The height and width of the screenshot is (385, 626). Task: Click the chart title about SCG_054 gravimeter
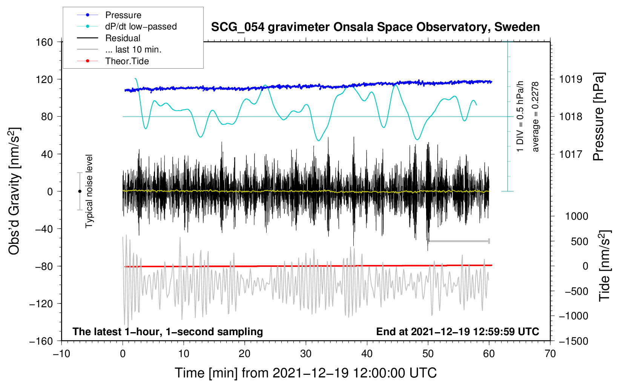tap(375, 27)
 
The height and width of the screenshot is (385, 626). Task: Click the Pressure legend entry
tap(123, 15)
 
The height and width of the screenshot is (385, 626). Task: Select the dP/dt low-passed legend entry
tap(141, 26)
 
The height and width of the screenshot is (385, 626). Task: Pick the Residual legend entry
tap(123, 38)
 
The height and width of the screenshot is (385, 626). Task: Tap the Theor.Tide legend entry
tap(127, 61)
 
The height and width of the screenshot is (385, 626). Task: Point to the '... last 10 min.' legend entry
tap(133, 49)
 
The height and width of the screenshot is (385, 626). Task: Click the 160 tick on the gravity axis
tap(44, 42)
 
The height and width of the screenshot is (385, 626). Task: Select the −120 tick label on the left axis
tap(41, 303)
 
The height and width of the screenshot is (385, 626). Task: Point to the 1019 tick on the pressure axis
tap(571, 79)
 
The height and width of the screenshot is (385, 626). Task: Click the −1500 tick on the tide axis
tap(573, 341)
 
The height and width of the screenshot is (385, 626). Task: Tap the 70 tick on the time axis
tap(550, 354)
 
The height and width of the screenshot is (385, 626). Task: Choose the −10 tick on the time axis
tap(61, 354)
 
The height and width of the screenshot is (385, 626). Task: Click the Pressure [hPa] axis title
tap(598, 117)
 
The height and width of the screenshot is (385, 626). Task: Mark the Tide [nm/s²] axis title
tap(605, 266)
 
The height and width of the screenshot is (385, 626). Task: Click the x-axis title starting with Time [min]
tap(305, 373)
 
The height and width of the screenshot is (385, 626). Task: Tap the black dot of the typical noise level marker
tap(80, 191)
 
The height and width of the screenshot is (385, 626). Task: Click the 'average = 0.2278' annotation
tap(535, 117)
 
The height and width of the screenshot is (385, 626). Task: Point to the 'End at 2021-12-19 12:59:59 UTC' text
tap(457, 331)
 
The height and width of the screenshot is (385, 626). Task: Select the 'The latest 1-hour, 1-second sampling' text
tap(167, 331)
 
